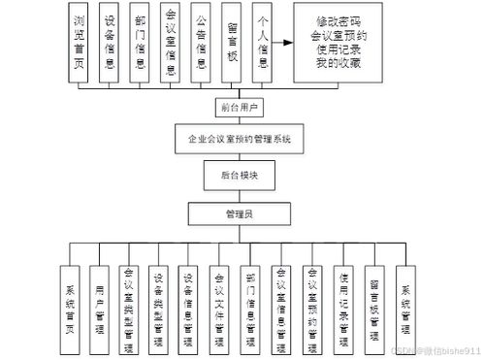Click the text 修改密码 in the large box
[x=344, y=20]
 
